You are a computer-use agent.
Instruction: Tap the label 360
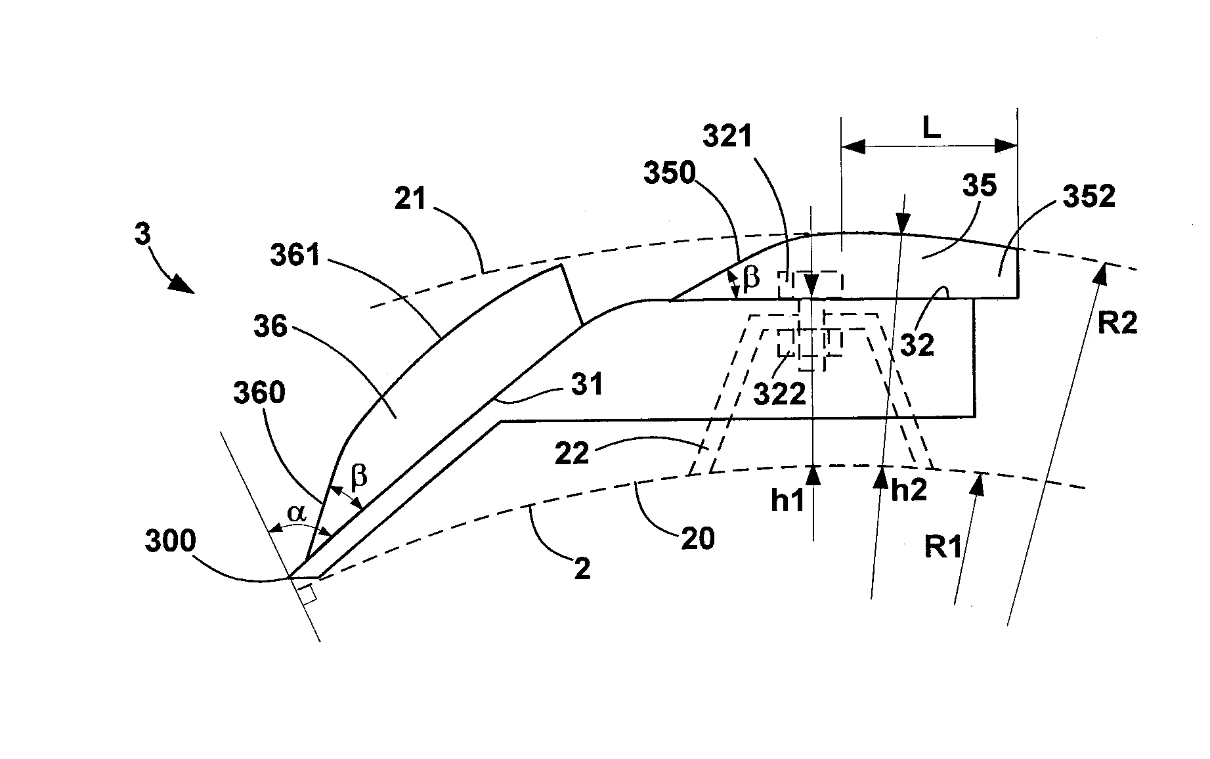pos(259,393)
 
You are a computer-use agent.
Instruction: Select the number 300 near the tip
pos(171,542)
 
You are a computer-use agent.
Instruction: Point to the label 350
pos(669,173)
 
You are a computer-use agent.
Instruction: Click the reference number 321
pos(727,137)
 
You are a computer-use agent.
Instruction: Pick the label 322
pos(779,394)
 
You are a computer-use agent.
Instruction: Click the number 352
pos(1089,197)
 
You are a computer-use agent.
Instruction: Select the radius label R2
pos(1117,323)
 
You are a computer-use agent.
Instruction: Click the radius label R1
pos(943,547)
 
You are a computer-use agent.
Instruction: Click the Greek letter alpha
pos(297,513)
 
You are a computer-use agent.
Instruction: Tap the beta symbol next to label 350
pos(751,278)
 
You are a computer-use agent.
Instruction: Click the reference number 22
pos(572,452)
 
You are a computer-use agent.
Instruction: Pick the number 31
pos(587,385)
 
